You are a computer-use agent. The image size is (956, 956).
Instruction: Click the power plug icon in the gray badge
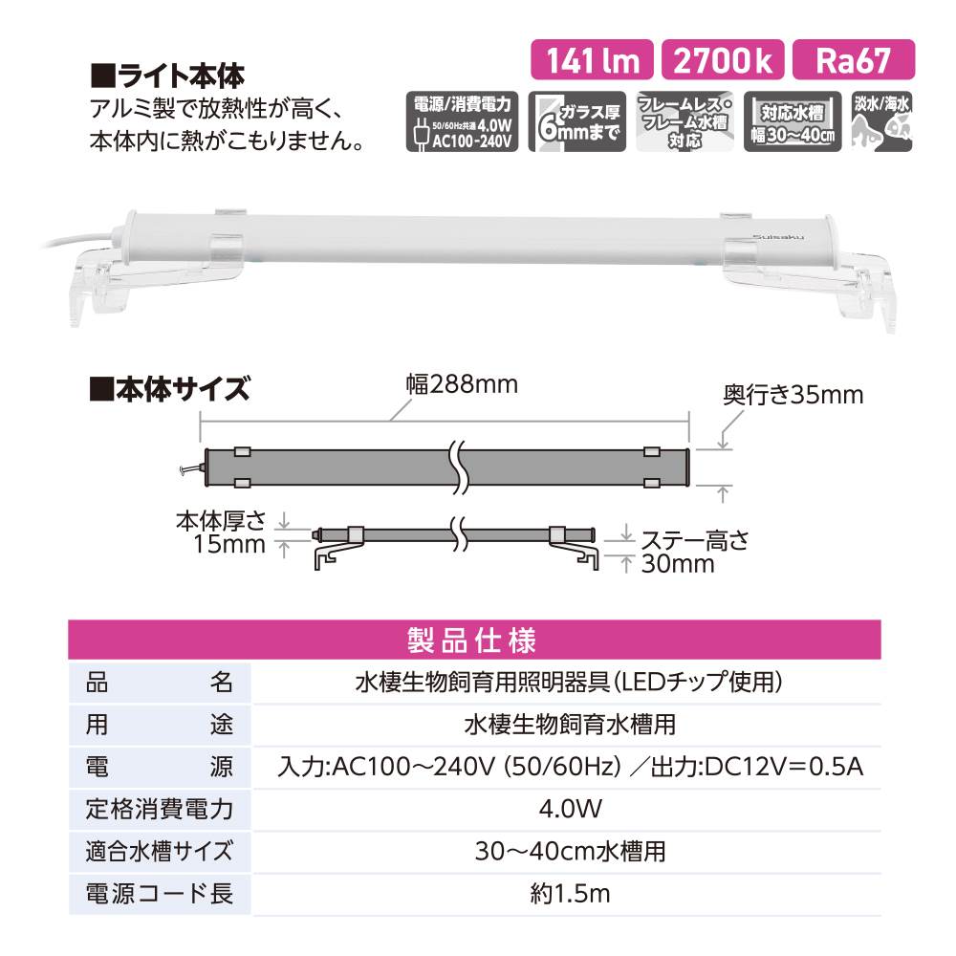[419, 133]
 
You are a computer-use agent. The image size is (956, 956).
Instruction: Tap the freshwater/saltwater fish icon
[881, 121]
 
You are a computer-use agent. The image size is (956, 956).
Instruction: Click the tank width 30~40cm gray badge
[792, 121]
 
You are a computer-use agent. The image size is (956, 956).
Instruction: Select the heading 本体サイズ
[169, 389]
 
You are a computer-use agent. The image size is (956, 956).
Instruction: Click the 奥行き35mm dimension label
[793, 395]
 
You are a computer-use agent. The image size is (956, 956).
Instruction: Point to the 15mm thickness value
[230, 543]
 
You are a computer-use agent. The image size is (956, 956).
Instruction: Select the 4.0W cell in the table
[570, 810]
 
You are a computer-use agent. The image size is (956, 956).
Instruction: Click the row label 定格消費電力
[159, 810]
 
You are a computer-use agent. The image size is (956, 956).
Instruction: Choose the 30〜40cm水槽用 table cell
[570, 852]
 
